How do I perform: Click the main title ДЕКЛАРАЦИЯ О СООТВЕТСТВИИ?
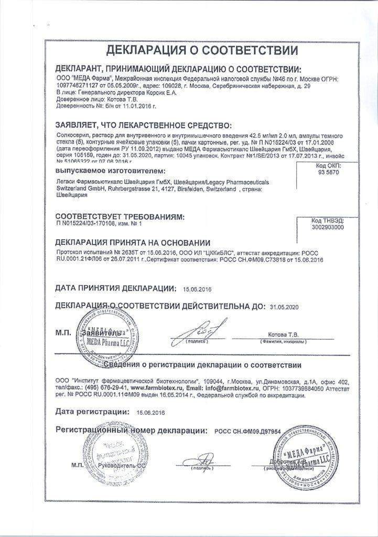[x=202, y=51]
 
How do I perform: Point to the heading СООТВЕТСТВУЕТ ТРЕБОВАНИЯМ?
[x=121, y=216]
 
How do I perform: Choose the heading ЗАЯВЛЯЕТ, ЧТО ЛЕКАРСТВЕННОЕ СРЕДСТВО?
[x=143, y=125]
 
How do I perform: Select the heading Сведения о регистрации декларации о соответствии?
[x=202, y=365]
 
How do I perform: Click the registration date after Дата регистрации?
[x=150, y=413]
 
